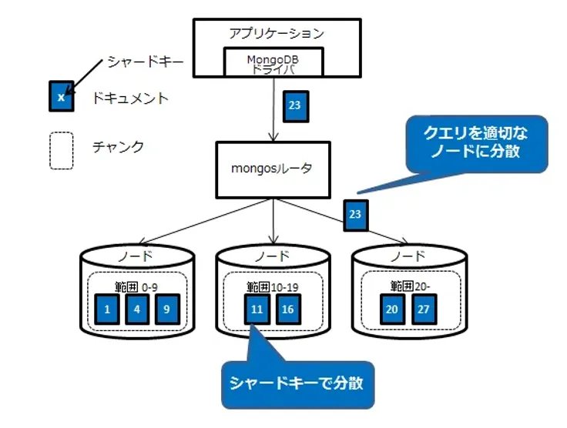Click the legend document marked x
[61, 97]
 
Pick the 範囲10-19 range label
[272, 286]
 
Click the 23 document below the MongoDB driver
[294, 106]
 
